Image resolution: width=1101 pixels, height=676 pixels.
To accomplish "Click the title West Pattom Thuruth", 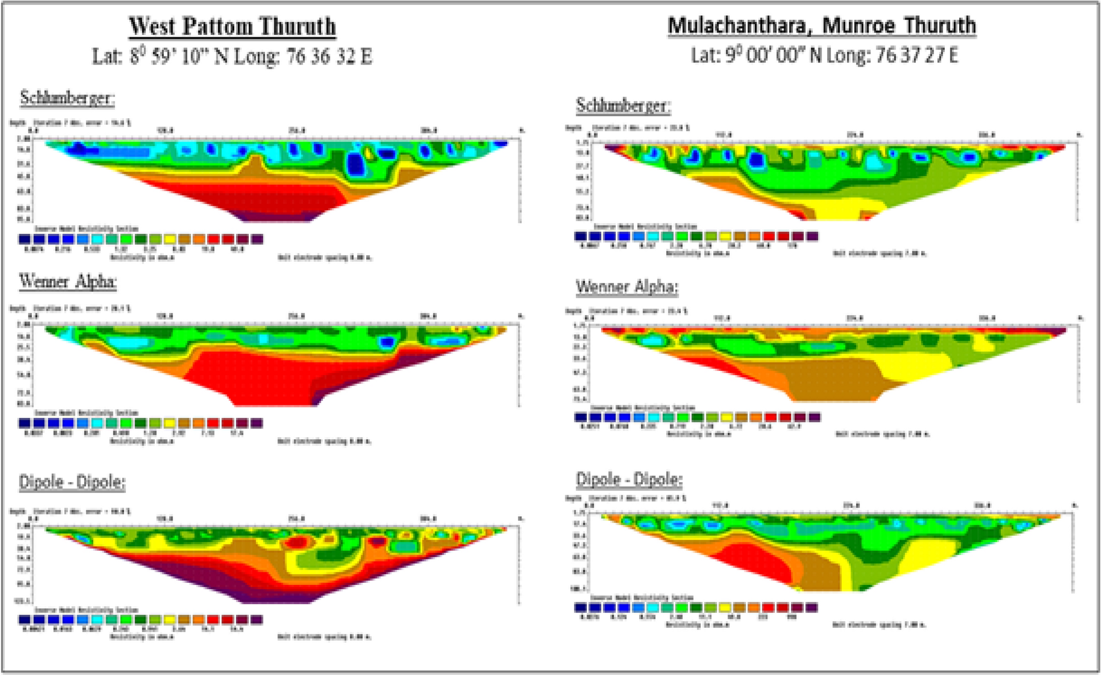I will coord(232,26).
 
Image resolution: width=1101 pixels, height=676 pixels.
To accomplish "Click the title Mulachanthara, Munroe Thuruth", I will coord(822,25).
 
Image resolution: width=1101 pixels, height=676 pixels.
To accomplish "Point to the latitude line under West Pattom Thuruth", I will coord(232,56).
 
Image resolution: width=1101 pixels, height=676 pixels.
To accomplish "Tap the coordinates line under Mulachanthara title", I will coord(824,55).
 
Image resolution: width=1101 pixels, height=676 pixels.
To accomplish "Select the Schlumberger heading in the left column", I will coord(67,98).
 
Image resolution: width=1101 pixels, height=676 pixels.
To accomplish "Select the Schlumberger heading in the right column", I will coord(623,105).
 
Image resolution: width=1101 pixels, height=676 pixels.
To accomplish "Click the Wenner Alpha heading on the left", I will coord(67,282).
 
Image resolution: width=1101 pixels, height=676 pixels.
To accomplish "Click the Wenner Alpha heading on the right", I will coord(627,287).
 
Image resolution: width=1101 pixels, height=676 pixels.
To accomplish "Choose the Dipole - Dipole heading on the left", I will coord(72,482).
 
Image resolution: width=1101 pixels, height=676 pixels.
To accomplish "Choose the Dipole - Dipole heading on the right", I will coord(629,479).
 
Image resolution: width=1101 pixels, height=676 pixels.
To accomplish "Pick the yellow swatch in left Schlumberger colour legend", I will coord(169,239).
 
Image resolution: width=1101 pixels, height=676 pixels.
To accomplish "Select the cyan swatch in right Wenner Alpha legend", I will coord(652,417).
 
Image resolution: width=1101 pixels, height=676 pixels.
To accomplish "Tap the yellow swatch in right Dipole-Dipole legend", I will coord(725,608).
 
